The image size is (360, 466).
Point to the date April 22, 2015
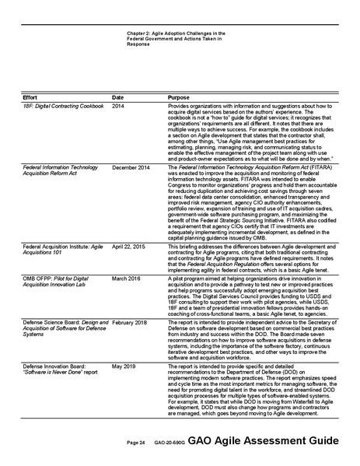(x=128, y=244)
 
